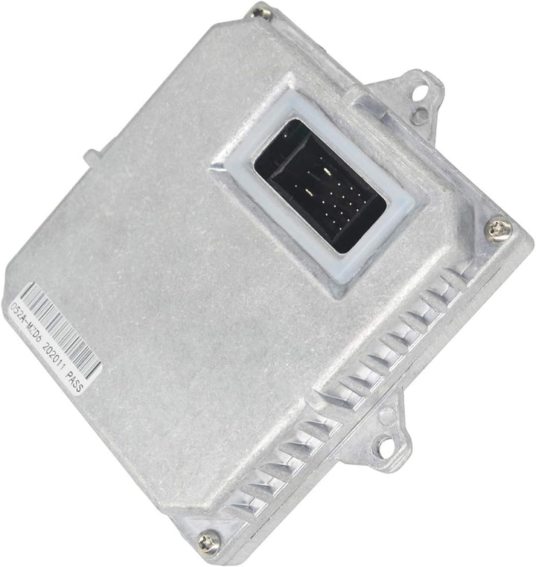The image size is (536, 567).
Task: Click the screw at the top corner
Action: [x=260, y=10]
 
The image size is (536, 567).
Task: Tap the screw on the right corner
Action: [x=497, y=228]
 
